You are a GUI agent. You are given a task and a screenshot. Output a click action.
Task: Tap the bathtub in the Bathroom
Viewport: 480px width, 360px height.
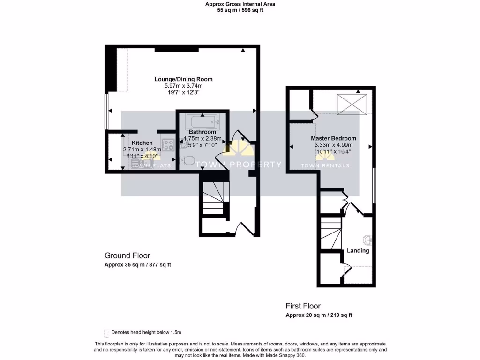point(202,122)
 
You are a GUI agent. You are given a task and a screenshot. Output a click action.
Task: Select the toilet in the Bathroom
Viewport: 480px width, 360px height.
point(187,161)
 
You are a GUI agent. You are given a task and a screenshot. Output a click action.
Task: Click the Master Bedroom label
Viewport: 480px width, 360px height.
point(333,138)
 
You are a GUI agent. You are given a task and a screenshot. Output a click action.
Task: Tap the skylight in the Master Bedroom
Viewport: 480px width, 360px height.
point(352,104)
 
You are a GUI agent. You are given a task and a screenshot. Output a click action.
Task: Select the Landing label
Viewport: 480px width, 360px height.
point(358,250)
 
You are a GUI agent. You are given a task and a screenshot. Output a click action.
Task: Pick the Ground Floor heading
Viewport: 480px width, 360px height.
point(127,255)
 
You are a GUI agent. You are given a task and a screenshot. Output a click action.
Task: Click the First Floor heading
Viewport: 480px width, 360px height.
point(303,306)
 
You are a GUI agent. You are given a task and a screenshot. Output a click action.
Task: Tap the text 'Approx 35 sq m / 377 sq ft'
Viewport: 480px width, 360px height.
point(137,265)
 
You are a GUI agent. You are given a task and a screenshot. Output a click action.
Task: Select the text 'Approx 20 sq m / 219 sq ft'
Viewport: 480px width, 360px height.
point(319,315)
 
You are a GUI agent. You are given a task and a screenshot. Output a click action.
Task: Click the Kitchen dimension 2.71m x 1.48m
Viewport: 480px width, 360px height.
point(142,150)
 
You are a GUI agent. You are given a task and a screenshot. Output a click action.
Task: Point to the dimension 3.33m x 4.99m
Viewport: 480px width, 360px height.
point(333,145)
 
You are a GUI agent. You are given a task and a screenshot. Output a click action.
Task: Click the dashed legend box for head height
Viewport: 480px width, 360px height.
point(106,332)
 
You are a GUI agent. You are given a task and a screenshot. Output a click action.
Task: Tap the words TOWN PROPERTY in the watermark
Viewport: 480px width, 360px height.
point(238,165)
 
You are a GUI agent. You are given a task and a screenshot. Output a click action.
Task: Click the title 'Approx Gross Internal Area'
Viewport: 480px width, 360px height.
point(240,4)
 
